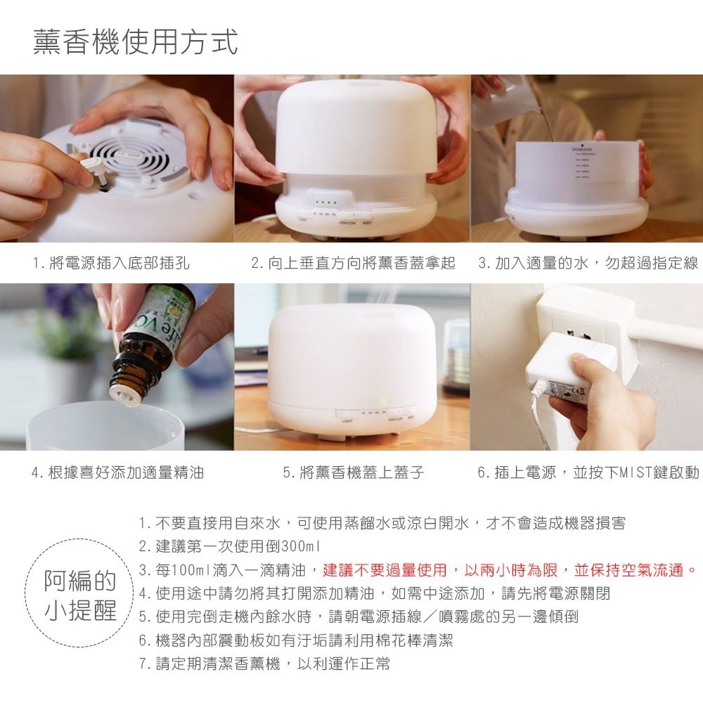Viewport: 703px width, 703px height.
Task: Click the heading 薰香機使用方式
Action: point(136,41)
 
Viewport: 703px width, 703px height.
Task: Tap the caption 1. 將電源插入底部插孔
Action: point(111,263)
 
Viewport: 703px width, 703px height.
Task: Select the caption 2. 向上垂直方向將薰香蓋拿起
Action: point(353,263)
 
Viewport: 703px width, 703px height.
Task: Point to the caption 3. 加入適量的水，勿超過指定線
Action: point(588,263)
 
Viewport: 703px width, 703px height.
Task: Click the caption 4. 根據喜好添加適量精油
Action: point(118,472)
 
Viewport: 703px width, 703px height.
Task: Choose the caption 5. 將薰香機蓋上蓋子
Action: point(354,472)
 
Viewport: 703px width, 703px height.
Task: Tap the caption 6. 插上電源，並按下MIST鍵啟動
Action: point(588,472)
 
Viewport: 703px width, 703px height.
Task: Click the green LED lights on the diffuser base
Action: point(326,202)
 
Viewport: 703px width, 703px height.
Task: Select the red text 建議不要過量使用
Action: point(385,570)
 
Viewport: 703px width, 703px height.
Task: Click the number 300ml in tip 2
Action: point(300,547)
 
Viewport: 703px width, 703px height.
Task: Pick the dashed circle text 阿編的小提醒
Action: point(80,595)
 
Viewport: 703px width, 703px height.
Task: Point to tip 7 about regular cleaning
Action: point(264,664)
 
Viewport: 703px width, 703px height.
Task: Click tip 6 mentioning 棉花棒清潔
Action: point(296,640)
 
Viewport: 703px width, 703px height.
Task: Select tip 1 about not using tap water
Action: point(382,523)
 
